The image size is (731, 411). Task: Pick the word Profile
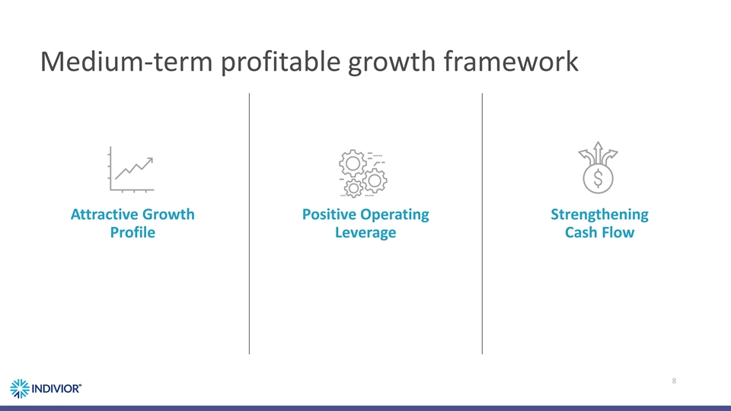(x=132, y=232)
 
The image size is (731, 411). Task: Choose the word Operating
(x=397, y=215)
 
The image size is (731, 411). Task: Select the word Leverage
(x=365, y=232)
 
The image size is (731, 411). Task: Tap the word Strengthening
(x=599, y=215)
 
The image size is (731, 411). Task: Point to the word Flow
(x=618, y=232)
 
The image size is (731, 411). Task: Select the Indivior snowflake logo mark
(x=20, y=387)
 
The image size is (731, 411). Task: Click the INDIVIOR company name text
(x=56, y=387)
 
